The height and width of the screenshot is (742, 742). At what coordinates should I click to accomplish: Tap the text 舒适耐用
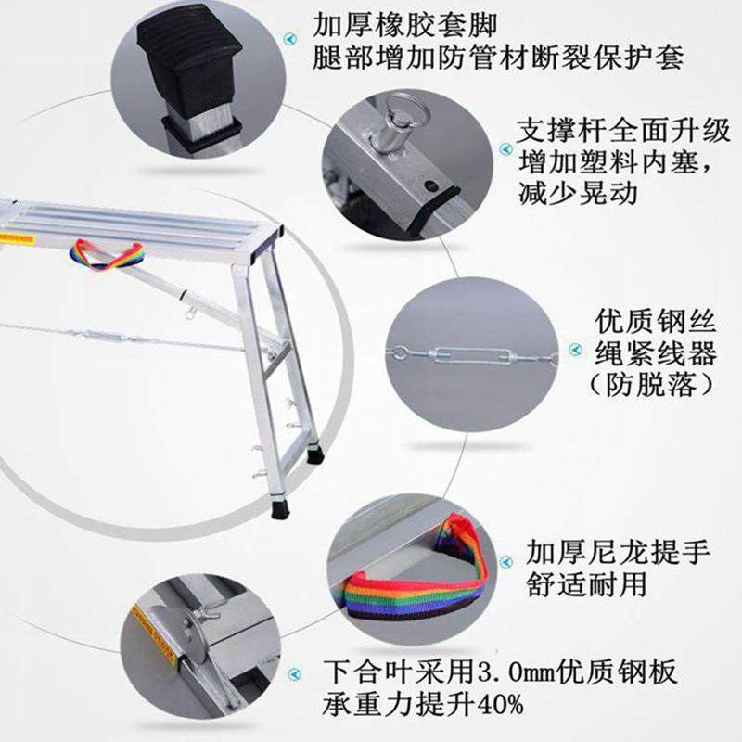585,585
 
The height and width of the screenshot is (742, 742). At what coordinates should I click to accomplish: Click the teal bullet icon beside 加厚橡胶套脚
295,38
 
